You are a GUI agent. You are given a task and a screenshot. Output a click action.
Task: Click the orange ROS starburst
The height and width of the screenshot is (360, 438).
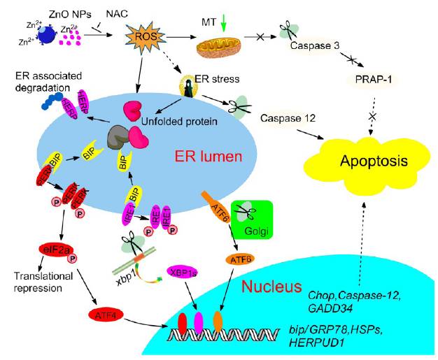pyautogui.click(x=140, y=35)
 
